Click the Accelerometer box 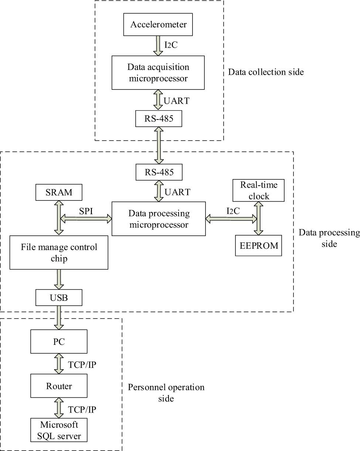pos(159,25)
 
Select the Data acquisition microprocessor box pos(158,73)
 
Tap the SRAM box pos(59,193)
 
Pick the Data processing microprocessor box pos(159,219)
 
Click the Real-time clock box pos(259,190)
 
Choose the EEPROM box pos(258,245)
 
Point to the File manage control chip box pos(59,253)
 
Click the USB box pos(59,297)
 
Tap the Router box pos(59,386)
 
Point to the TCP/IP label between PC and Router pos(83,364)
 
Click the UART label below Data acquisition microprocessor pos(177,100)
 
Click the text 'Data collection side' pos(266,72)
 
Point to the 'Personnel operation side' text pos(166,393)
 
